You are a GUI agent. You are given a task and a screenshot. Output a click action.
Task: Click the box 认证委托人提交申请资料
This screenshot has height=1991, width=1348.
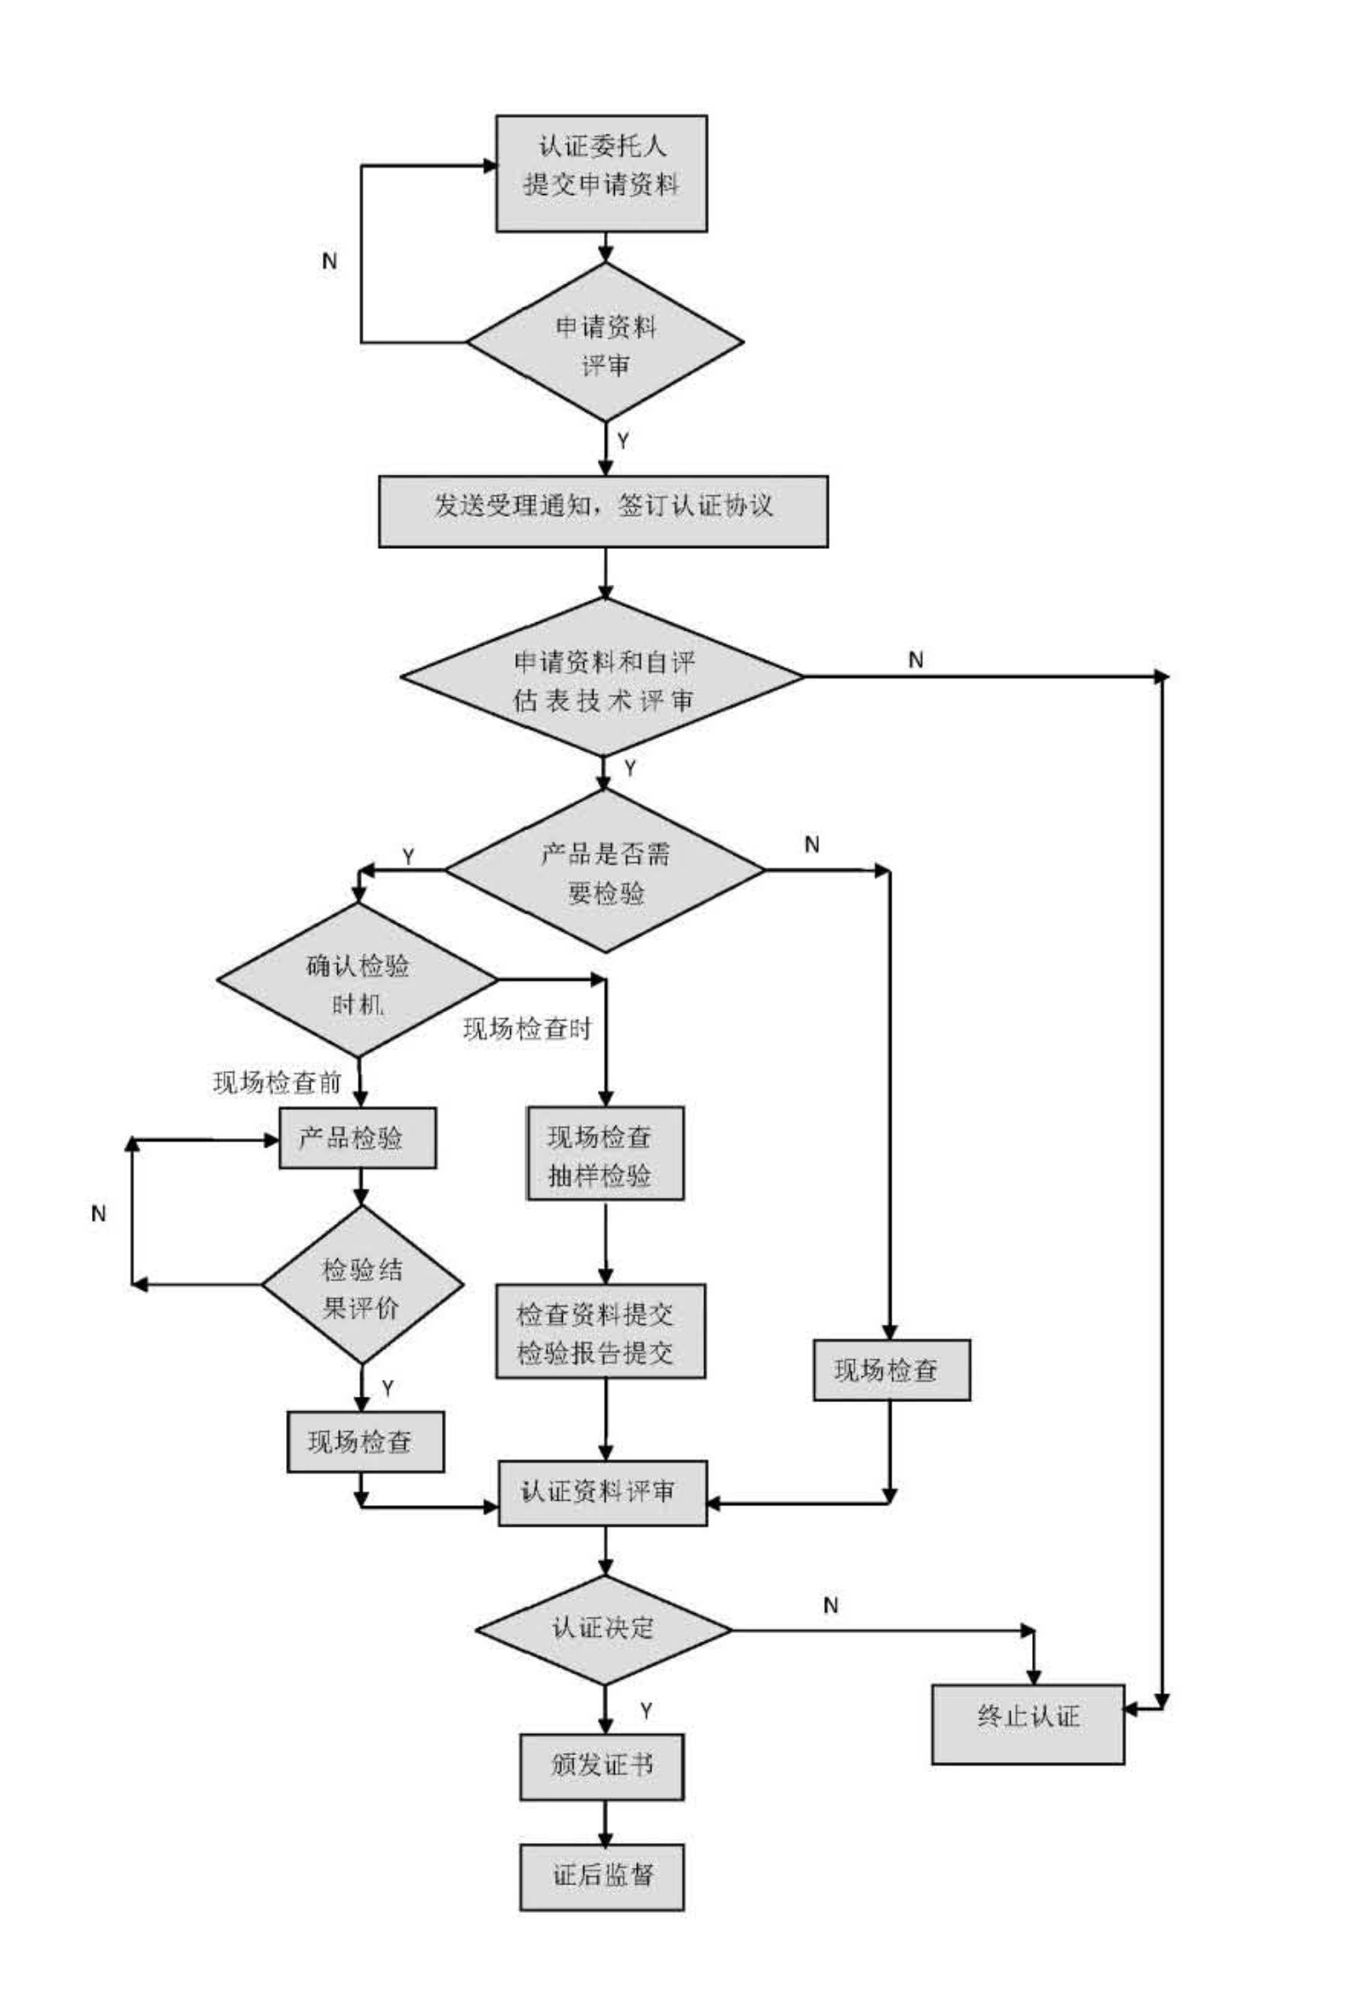coord(600,173)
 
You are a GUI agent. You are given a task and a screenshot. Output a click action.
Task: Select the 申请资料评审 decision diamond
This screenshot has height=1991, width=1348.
coord(604,342)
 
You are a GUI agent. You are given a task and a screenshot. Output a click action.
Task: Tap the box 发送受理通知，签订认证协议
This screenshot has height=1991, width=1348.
coord(603,511)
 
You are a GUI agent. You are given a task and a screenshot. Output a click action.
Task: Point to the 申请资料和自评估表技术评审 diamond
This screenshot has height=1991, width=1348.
coord(602,677)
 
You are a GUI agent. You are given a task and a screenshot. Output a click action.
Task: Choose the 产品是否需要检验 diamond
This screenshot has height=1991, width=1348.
coord(605,871)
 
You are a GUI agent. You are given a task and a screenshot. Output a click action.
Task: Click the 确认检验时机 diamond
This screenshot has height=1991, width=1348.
coord(358,980)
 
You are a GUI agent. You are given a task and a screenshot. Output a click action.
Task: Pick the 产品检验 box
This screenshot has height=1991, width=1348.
coord(357,1138)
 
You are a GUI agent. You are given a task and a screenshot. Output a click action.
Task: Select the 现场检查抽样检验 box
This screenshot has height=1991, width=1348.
coord(605,1153)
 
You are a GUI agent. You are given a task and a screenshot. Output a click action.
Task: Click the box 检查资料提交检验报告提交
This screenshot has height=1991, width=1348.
coord(599,1331)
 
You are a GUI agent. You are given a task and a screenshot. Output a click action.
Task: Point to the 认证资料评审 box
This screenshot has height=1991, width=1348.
coord(602,1492)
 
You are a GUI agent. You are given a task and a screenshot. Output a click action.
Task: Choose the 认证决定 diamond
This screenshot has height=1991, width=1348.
coord(603,1629)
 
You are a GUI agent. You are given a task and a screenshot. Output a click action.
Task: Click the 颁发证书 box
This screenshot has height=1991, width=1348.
coord(601,1766)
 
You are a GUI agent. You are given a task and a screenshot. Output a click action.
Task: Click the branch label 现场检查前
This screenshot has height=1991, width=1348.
coord(277,1083)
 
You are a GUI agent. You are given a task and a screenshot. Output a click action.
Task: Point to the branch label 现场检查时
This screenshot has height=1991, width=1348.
coord(527,1029)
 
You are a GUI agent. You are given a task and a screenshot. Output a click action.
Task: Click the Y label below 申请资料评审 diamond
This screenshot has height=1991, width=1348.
coord(623,440)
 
